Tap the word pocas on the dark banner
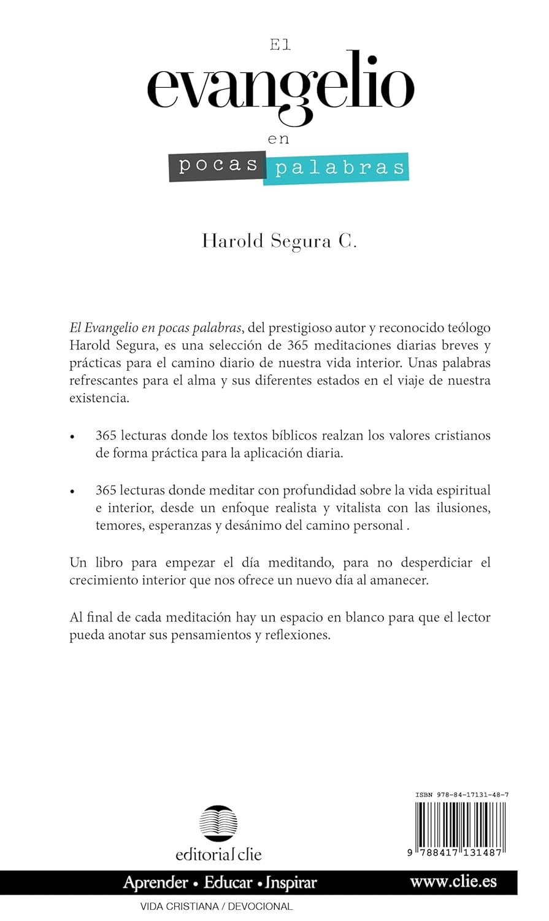[x=218, y=166]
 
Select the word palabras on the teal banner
[x=339, y=168]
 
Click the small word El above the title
[x=280, y=45]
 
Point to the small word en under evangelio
[x=278, y=139]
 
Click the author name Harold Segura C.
[x=279, y=241]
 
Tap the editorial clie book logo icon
[x=218, y=823]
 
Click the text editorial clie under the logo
[x=218, y=853]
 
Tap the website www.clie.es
[x=453, y=882]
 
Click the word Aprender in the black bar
[x=156, y=883]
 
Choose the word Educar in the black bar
[x=228, y=883]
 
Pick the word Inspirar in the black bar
[x=291, y=883]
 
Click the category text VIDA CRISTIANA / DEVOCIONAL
[x=217, y=906]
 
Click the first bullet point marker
[x=73, y=438]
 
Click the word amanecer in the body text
[x=397, y=580]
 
